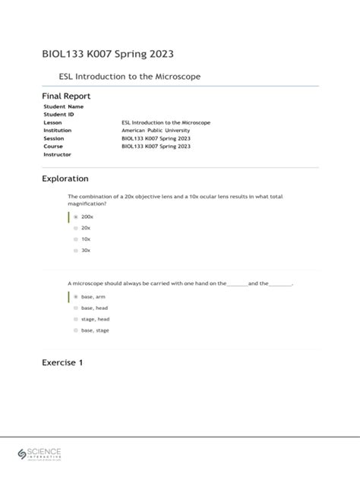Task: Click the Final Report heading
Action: [x=66, y=96]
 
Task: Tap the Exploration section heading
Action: [x=65, y=178]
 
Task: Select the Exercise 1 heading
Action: [x=62, y=362]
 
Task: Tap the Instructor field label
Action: [x=57, y=154]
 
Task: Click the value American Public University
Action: [x=157, y=131]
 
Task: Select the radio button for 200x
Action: [x=76, y=216]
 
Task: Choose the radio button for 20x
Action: [x=76, y=228]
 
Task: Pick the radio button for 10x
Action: [x=76, y=238]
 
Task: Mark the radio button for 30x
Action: [x=76, y=250]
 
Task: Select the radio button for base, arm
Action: [x=76, y=297]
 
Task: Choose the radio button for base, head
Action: [x=76, y=308]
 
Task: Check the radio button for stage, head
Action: [x=76, y=320]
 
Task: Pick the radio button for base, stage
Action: [x=76, y=331]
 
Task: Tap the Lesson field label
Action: [x=53, y=122]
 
